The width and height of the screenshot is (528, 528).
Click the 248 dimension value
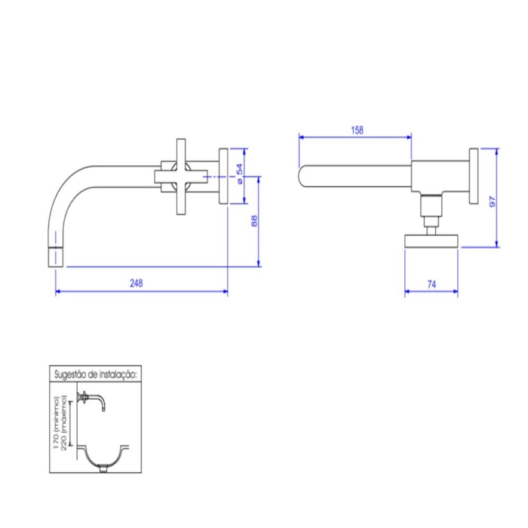pyautogui.click(x=136, y=284)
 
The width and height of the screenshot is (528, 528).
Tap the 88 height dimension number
pyautogui.click(x=254, y=221)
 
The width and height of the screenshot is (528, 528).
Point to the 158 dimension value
pyautogui.click(x=358, y=130)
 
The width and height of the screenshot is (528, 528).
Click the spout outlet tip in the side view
pyautogui.click(x=56, y=256)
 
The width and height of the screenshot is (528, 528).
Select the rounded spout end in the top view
pyautogui.click(x=303, y=176)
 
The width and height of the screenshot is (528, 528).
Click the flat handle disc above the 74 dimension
pyautogui.click(x=431, y=241)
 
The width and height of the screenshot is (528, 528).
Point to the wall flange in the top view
pyautogui.click(x=473, y=175)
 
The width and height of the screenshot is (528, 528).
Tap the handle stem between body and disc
pyautogui.click(x=430, y=215)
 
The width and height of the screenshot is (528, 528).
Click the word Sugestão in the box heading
pyautogui.click(x=69, y=373)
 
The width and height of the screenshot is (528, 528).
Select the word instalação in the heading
pyautogui.click(x=115, y=373)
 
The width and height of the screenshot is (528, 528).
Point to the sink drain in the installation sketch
pyautogui.click(x=104, y=470)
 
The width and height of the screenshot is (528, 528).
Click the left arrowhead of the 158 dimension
pyautogui.click(x=302, y=137)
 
